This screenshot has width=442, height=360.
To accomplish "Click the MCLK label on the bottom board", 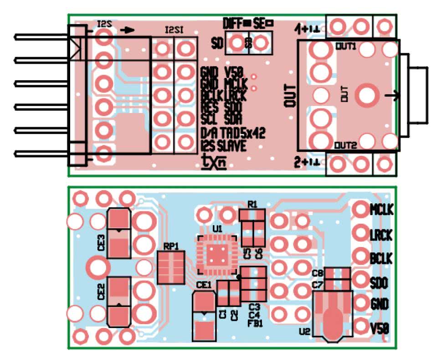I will click(x=381, y=210).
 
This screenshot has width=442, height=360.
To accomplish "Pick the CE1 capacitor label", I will click(x=204, y=286).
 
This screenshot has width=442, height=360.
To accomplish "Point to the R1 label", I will click(x=252, y=204).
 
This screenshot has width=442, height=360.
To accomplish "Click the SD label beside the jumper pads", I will click(x=218, y=43).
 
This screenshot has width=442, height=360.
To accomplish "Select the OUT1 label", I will click(x=346, y=46).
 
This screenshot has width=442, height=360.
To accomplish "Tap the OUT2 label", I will click(x=346, y=146).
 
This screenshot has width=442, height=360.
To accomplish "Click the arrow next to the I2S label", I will click(x=128, y=30).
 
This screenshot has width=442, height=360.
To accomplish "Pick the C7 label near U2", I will click(x=318, y=285).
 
